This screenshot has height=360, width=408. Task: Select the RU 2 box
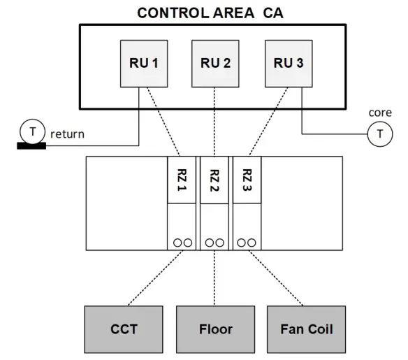click(x=216, y=63)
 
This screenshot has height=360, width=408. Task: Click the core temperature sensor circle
click(x=379, y=134)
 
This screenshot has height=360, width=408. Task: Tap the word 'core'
click(x=379, y=113)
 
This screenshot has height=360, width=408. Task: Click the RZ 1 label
click(x=183, y=180)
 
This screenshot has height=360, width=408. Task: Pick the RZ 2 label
click(x=215, y=180)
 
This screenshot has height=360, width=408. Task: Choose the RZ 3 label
click(x=247, y=180)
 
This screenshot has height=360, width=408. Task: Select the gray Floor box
click(x=216, y=329)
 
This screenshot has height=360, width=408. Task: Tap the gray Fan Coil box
click(x=305, y=329)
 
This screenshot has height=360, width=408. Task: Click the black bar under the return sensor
click(x=31, y=145)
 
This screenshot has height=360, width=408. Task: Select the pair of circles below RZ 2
click(x=215, y=242)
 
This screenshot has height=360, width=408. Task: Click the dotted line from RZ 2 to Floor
click(x=215, y=278)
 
